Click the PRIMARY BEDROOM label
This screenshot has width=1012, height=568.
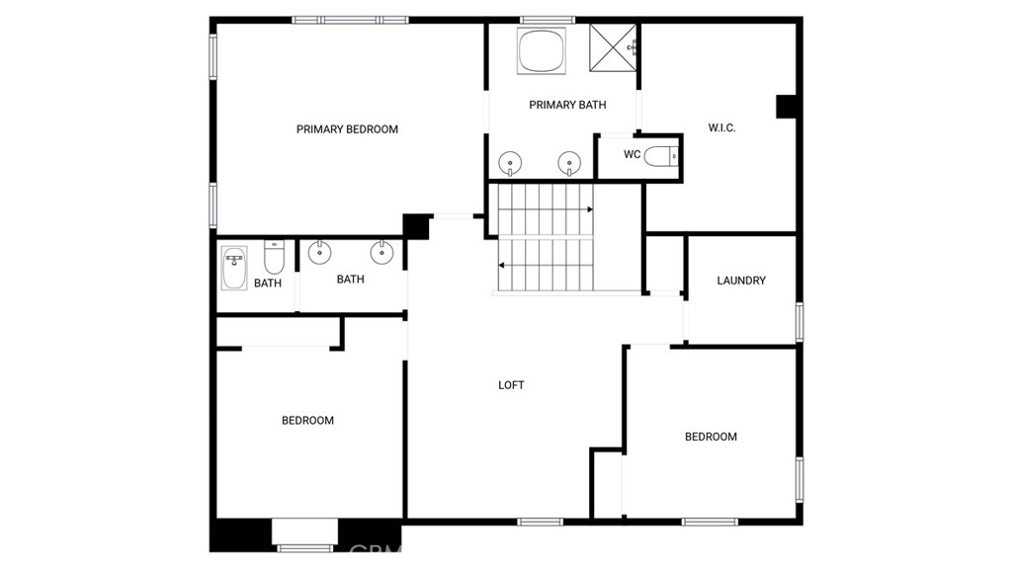[347, 129]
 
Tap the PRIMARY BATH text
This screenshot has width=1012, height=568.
[567, 105]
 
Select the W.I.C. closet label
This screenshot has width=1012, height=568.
[721, 127]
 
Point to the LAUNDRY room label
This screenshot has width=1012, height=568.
[741, 281]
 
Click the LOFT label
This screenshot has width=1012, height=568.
[511, 385]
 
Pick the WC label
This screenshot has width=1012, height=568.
[632, 154]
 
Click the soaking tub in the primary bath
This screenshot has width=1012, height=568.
[542, 50]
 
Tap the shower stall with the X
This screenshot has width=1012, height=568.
[613, 47]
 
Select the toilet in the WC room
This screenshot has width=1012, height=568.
[661, 156]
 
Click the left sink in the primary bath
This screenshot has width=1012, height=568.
[510, 163]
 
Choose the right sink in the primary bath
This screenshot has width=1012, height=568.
[569, 163]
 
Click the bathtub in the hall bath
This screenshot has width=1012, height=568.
[233, 268]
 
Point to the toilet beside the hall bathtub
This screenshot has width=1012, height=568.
[274, 257]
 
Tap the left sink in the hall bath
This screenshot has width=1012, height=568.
[319, 252]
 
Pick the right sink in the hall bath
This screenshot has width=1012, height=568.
[382, 252]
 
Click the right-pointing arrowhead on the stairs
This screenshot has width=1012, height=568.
[590, 209]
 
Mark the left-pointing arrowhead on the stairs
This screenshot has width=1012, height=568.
[501, 266]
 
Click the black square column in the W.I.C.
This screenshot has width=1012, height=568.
[786, 107]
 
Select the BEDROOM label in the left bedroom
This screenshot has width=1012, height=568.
[308, 420]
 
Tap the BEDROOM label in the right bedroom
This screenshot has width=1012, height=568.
[711, 437]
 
